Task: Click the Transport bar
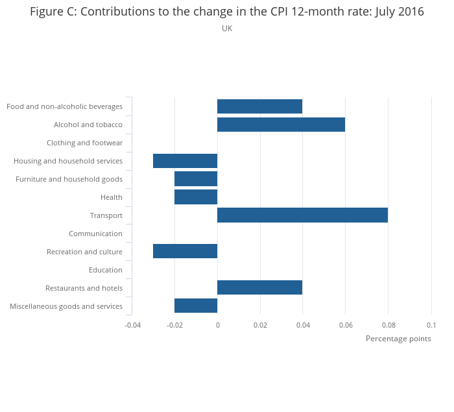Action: point(302,215)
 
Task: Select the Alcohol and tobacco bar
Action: point(281,125)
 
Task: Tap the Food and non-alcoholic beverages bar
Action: point(259,106)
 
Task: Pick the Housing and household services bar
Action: point(185,161)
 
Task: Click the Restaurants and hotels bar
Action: point(259,288)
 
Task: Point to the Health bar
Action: point(196,197)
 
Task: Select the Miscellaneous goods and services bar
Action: point(196,306)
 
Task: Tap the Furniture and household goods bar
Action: point(196,179)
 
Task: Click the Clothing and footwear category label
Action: point(84,143)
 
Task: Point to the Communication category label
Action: point(95,234)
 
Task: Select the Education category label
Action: point(106,270)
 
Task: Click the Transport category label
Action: point(106,215)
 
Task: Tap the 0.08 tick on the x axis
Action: point(388,324)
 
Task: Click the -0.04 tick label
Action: point(132,324)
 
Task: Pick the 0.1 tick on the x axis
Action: point(431,324)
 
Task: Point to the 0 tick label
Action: point(217,324)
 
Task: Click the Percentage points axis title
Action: point(398,339)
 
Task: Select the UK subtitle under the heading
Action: point(227,29)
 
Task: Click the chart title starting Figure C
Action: point(227,12)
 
